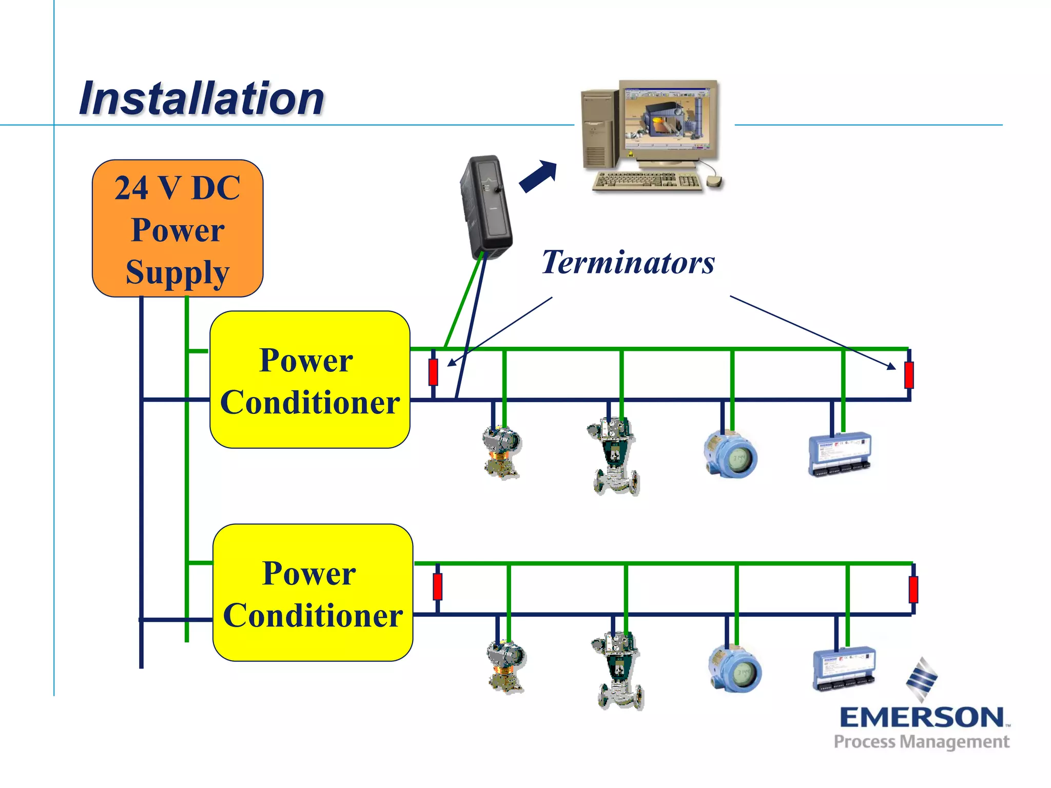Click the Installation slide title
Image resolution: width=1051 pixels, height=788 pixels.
pos(201,98)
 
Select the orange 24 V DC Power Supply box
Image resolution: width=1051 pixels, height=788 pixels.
pos(178,228)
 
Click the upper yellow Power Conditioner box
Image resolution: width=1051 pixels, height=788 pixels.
pos(310,380)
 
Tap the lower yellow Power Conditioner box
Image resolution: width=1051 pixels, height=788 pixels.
pos(313,593)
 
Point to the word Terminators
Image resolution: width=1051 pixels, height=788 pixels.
pos(628,263)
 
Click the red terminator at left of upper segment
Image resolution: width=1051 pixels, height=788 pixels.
pos(433,372)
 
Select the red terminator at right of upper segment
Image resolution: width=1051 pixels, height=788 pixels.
pos(909,375)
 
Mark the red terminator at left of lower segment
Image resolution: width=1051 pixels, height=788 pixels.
pos(437,586)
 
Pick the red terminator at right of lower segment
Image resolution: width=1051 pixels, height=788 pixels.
pos(913,589)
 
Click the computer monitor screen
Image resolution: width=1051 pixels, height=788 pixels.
pos(667,120)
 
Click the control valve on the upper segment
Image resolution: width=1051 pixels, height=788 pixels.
pos(614,456)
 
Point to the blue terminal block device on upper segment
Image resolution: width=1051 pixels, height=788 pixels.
pos(840,454)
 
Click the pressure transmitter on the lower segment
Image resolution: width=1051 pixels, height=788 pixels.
pos(505,666)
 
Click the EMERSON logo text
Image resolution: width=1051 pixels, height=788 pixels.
pos(922,717)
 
